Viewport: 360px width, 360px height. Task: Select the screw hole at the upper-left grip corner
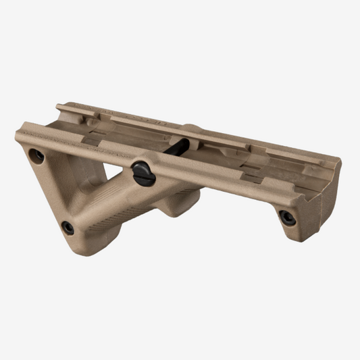(38, 157)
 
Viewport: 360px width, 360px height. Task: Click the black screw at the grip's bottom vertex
(68, 228)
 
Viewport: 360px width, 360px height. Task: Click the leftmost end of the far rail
(59, 107)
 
